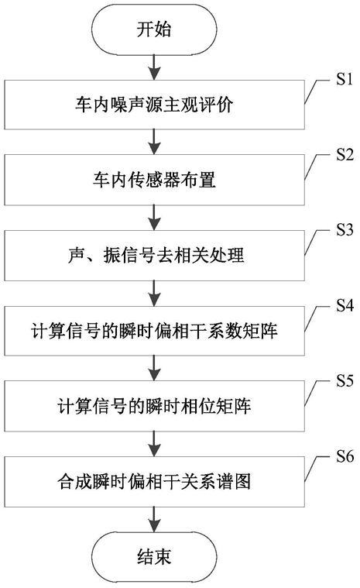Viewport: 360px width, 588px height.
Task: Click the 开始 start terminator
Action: coord(154,29)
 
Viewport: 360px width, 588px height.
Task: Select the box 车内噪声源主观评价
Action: coord(154,105)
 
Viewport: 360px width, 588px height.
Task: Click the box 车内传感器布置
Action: coord(154,180)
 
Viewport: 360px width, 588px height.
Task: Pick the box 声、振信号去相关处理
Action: coord(154,256)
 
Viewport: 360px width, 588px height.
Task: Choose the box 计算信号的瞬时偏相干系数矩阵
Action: coord(154,331)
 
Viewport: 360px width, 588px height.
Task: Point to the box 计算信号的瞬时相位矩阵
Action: coord(154,406)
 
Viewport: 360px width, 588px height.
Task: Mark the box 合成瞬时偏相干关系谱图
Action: coord(154,482)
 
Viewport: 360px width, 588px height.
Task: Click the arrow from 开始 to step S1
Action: coord(154,67)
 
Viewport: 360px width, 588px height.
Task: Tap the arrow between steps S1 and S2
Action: coord(154,142)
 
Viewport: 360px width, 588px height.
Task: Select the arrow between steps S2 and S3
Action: coord(154,218)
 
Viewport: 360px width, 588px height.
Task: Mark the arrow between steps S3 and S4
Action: coord(154,293)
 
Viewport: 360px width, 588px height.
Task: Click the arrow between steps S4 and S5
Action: coord(154,368)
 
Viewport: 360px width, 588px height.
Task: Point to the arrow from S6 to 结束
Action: coord(154,519)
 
